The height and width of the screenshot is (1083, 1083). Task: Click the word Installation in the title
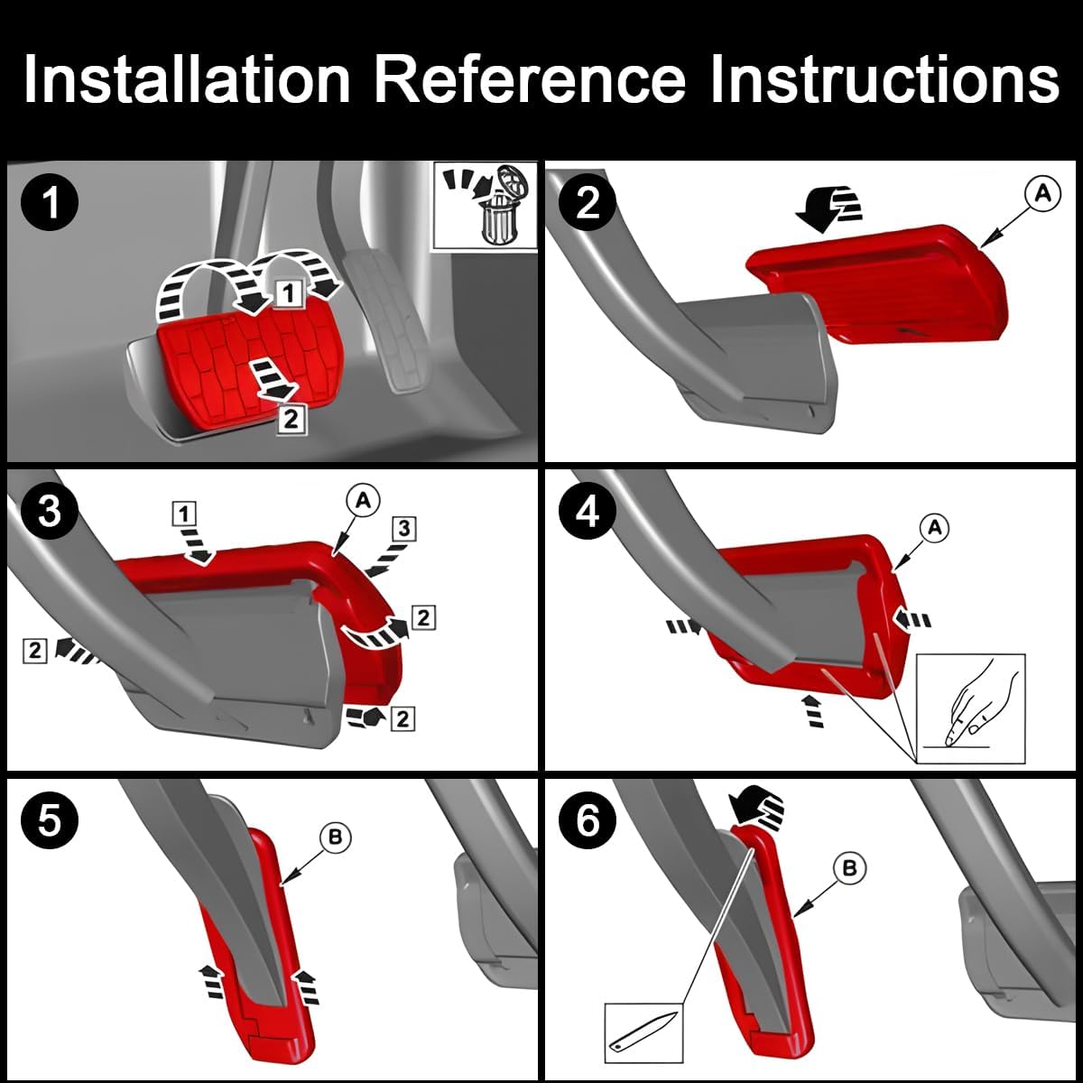pyautogui.click(x=187, y=79)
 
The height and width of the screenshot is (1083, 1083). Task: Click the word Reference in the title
pyautogui.click(x=530, y=79)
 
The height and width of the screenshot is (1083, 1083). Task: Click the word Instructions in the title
pyautogui.click(x=884, y=79)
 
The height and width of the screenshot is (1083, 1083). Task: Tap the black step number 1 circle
pyautogui.click(x=51, y=202)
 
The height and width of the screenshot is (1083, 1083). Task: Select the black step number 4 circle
pyautogui.click(x=588, y=511)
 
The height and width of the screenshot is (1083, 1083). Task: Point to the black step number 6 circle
pyautogui.click(x=588, y=820)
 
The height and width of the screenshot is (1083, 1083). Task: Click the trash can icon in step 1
pyautogui.click(x=497, y=217)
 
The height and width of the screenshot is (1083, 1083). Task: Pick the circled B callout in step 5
pyautogui.click(x=335, y=838)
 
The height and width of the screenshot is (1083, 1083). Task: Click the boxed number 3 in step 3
pyautogui.click(x=404, y=529)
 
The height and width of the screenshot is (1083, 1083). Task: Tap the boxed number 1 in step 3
pyautogui.click(x=184, y=514)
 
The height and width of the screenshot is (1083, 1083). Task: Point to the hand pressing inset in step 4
pyautogui.click(x=971, y=709)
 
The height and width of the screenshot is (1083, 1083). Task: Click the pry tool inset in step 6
pyautogui.click(x=643, y=1029)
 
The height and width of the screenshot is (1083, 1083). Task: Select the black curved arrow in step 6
pyautogui.click(x=756, y=803)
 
